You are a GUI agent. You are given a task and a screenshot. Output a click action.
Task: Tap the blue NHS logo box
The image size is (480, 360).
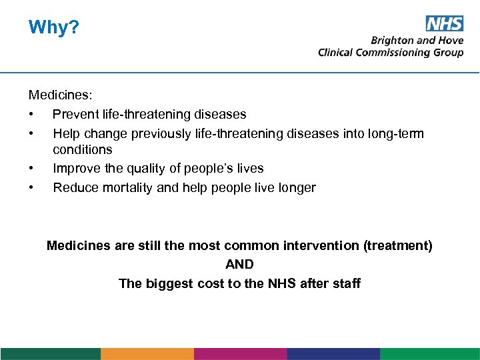coord(445,24)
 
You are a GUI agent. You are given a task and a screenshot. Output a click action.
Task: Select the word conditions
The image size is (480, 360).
coord(83,149)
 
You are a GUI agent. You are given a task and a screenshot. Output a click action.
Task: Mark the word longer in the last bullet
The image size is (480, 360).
coord(295,187)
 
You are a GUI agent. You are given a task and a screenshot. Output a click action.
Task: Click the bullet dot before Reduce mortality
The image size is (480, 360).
coord(31,187)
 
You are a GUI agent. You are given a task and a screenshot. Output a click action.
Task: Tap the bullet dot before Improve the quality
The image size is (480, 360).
coord(31,168)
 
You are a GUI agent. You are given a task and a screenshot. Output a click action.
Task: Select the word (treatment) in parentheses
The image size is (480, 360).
coord(398,245)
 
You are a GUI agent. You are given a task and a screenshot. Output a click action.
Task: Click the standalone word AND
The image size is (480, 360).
coord(239,264)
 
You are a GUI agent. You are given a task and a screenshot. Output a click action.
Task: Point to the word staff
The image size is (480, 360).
coord(345,283)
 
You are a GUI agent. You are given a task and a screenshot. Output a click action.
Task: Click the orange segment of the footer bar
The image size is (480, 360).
coord(147,353)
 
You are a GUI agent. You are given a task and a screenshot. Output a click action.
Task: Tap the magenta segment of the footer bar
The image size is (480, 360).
coord(240,353)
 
